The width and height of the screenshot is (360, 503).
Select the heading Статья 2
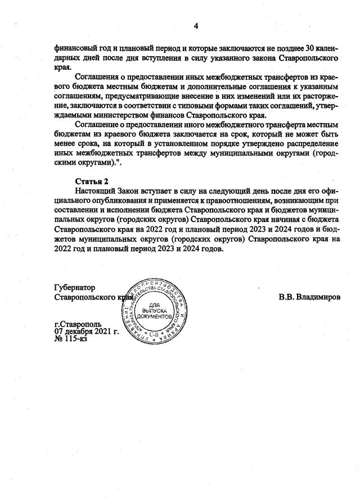click(x=91, y=180)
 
